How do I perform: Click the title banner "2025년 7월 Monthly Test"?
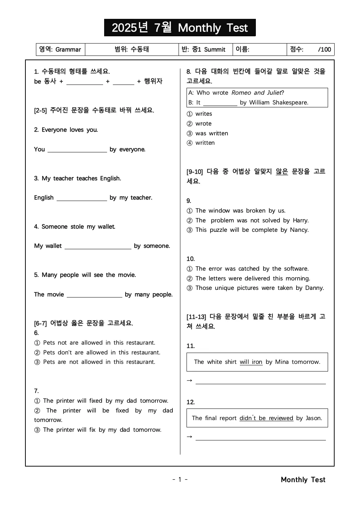pos(180,28)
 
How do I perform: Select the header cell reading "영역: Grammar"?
pos(60,49)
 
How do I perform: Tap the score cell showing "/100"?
pos(311,49)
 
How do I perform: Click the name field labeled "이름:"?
pos(259,49)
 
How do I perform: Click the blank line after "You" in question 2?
pos(77,149)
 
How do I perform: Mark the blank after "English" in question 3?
pos(82,198)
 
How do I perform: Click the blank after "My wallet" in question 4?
pos(98,246)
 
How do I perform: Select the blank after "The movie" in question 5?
pos(94,295)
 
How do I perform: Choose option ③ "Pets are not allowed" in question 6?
pos(95,362)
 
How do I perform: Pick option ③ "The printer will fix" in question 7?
pos(98,430)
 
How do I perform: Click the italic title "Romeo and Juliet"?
pos(256,93)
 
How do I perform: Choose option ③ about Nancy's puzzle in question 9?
pos(248,230)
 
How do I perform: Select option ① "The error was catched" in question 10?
pos(248,269)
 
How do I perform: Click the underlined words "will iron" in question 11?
pos(251,362)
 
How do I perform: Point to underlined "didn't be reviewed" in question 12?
pos(266,418)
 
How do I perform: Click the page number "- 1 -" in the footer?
pos(180,480)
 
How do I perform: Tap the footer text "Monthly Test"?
pos(303,480)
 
